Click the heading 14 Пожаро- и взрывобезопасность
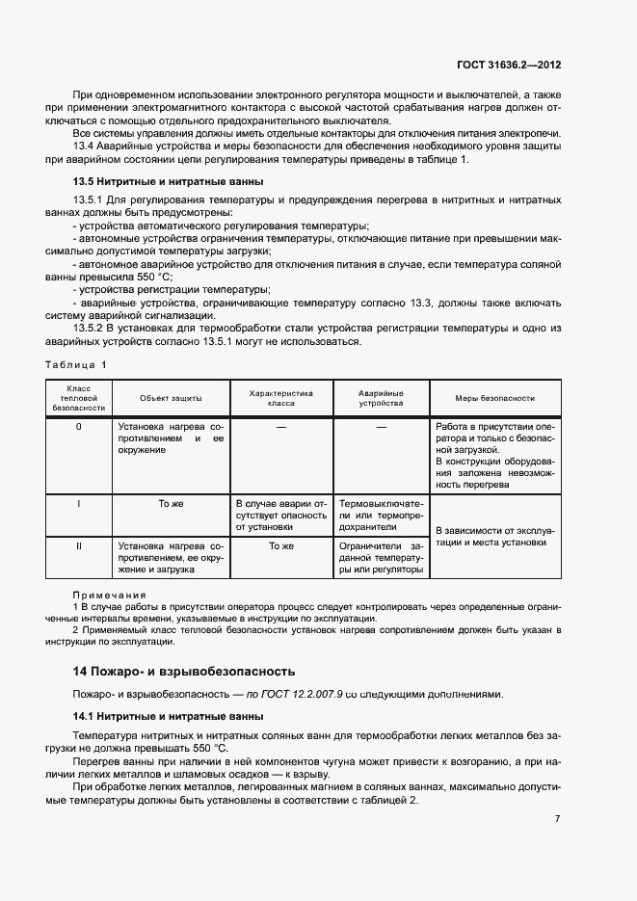click(x=184, y=671)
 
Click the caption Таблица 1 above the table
click(x=76, y=364)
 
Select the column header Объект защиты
click(x=170, y=398)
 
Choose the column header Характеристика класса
click(x=281, y=398)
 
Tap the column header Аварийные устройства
click(x=381, y=398)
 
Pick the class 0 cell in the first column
click(x=78, y=426)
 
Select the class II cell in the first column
click(x=78, y=545)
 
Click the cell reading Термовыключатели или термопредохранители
click(x=381, y=516)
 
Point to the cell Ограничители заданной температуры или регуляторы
click(x=381, y=557)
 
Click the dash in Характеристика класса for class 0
click(x=281, y=426)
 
